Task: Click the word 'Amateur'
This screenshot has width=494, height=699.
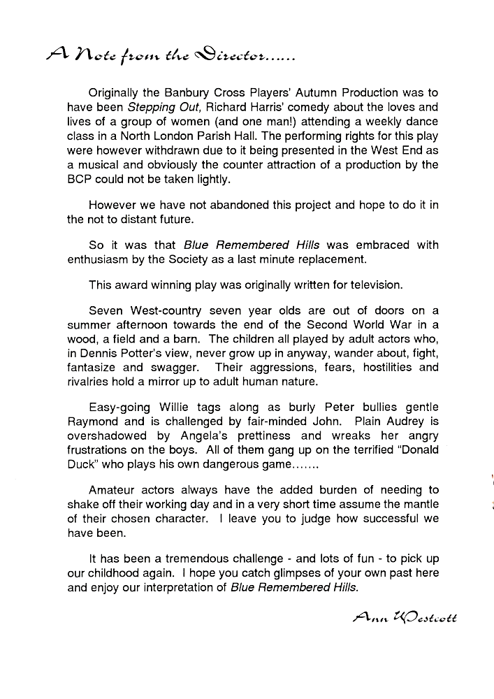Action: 112,489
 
